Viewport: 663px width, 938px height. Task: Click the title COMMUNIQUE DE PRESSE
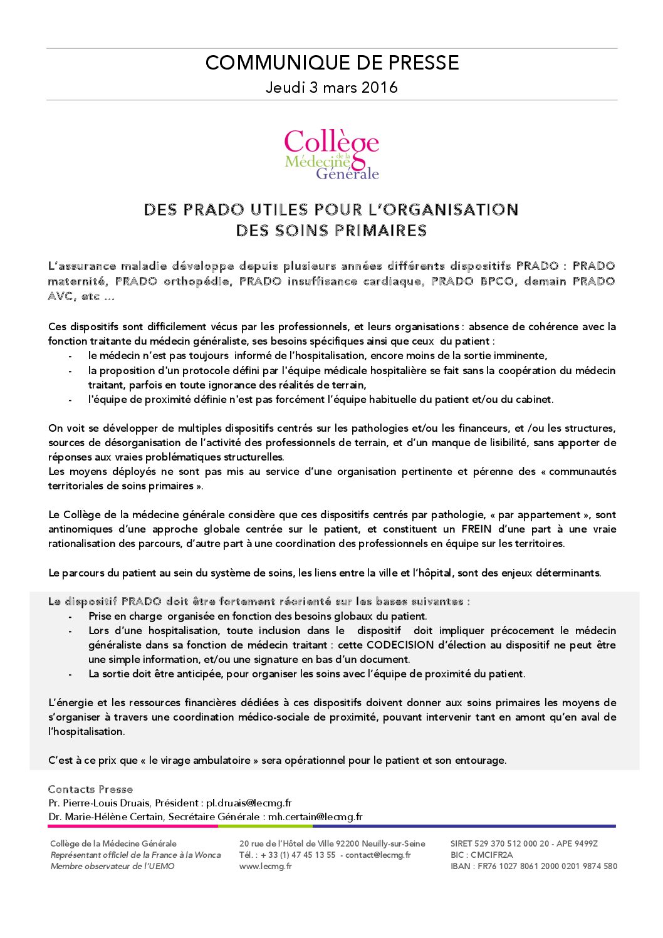pos(331,63)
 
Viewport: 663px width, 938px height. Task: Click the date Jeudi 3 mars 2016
pos(331,87)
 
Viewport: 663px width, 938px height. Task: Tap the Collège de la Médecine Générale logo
pos(331,154)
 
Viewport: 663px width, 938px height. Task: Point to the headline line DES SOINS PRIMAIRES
pos(331,231)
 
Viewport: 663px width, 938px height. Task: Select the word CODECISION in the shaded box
pos(400,645)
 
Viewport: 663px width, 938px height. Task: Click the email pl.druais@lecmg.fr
pos(249,803)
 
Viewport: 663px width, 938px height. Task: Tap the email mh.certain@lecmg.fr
pos(315,816)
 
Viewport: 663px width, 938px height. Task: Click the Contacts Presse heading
pos(90,789)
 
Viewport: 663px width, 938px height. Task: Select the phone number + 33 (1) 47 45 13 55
pos(298,855)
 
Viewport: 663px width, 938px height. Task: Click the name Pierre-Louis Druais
pos(107,803)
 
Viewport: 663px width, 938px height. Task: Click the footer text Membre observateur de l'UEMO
pos(112,866)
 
